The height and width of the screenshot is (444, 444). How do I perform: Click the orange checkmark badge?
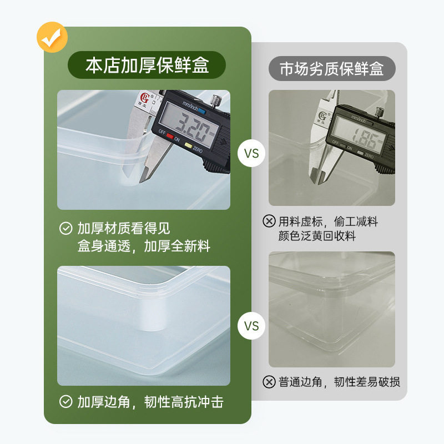52,37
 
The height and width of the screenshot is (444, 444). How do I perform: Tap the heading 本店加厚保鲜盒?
147,66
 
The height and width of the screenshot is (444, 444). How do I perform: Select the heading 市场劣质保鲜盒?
331,69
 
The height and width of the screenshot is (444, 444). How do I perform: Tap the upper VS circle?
251,153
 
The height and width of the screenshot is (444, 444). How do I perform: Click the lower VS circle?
251,326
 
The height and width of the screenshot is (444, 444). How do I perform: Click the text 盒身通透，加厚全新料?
144,246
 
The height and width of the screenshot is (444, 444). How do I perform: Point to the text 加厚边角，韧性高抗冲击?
150,402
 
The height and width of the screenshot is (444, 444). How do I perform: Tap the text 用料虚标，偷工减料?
328,221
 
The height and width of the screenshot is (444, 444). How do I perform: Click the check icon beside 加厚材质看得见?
66,229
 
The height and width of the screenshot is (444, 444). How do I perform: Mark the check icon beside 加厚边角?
66,402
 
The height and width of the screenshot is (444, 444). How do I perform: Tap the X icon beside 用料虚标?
269,221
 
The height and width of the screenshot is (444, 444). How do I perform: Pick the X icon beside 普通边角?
269,382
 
